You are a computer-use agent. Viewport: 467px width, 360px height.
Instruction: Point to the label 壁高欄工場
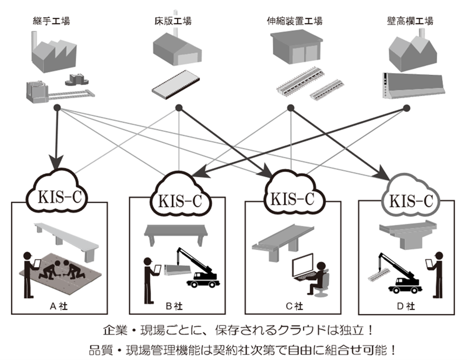(x=410, y=21)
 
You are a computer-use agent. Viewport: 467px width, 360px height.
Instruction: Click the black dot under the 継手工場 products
(x=57, y=108)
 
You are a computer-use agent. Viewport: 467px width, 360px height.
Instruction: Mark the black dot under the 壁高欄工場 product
(x=406, y=108)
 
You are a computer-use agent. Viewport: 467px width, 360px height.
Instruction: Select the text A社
(x=58, y=306)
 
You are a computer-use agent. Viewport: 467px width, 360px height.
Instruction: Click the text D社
(x=405, y=306)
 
